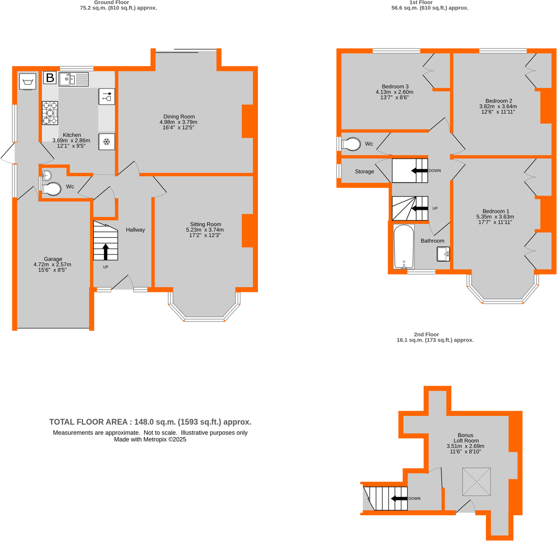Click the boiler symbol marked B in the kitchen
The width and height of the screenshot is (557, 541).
pos(50,78)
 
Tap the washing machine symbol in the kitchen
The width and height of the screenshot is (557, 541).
pos(28,82)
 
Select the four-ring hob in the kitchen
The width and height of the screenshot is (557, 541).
pos(50,113)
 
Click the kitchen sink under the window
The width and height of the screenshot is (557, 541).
pos(74,79)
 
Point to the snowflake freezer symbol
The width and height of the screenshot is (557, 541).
pos(107,142)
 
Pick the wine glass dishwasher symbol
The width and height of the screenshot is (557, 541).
pos(107,97)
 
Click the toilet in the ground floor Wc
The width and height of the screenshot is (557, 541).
pos(51,189)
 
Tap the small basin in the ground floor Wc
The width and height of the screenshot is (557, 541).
pos(46,176)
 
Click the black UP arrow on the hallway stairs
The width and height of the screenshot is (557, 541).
pos(106,252)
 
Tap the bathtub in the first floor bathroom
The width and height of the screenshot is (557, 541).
pos(404,247)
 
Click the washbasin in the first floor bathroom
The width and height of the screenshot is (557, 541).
pos(443,254)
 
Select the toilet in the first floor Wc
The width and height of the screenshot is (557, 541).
pos(351,144)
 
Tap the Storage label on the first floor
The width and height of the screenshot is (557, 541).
pos(364,172)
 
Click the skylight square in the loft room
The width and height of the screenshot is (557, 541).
pos(476,482)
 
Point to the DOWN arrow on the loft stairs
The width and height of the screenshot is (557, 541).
pos(399,499)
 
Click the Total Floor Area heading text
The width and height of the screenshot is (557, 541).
pos(150,422)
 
